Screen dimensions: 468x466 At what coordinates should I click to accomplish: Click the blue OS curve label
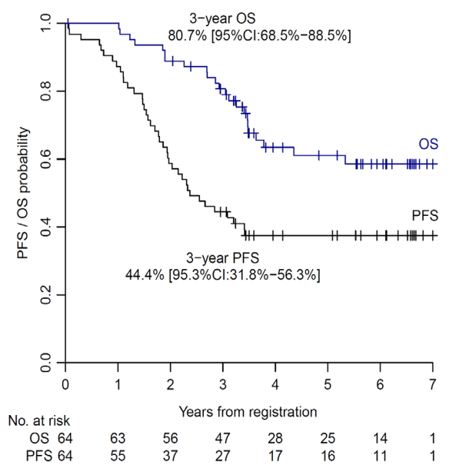point(428,144)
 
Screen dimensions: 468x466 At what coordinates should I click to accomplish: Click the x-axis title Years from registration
point(248,412)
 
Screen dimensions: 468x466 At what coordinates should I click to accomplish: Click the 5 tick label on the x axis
point(328,383)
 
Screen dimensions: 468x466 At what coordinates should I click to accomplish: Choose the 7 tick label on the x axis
point(433,383)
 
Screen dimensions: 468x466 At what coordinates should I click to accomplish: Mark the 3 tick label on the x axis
point(223,383)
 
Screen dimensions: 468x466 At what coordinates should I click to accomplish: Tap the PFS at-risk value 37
point(171,456)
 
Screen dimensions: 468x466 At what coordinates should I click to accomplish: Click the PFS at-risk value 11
point(381,456)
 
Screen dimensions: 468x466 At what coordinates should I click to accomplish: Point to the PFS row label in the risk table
point(37,456)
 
